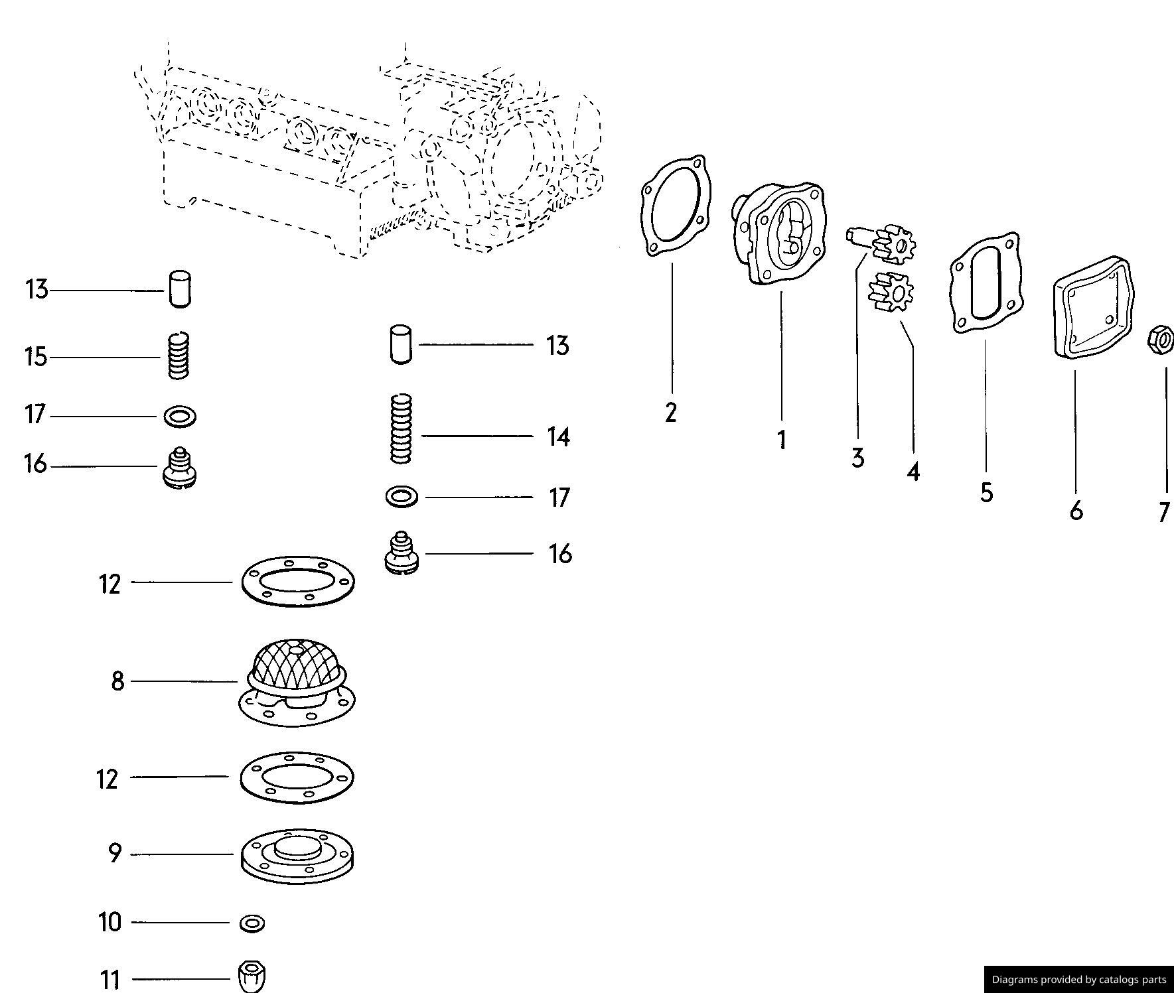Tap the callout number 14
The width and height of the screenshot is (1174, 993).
pyautogui.click(x=558, y=437)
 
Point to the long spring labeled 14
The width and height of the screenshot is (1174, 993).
pyautogui.click(x=401, y=429)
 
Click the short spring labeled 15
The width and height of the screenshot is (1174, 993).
pyautogui.click(x=178, y=356)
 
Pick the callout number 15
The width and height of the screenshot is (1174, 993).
pyautogui.click(x=37, y=357)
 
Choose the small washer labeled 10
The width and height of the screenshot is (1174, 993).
pyautogui.click(x=252, y=923)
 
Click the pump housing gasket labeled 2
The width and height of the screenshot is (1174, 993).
pyautogui.click(x=675, y=206)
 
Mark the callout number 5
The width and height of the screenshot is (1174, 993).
pyautogui.click(x=986, y=493)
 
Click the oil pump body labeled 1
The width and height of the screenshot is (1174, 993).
pyautogui.click(x=781, y=233)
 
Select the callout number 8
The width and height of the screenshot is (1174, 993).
pyautogui.click(x=117, y=681)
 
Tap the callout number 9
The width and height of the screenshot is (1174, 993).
pyautogui.click(x=115, y=854)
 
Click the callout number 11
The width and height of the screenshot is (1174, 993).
pyautogui.click(x=110, y=979)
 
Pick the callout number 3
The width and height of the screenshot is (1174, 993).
pyautogui.click(x=857, y=458)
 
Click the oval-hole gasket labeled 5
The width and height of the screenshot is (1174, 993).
pyautogui.click(x=986, y=283)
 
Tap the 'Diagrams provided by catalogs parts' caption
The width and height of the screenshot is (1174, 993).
pyautogui.click(x=1078, y=979)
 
